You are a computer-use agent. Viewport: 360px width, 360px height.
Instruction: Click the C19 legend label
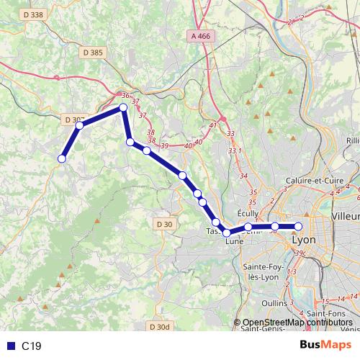coord(32,346)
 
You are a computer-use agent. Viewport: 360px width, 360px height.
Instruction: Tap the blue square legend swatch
coord(9,346)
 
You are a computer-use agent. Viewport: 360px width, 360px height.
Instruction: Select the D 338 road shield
coord(32,14)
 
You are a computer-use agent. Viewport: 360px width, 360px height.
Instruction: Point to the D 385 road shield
coord(93,52)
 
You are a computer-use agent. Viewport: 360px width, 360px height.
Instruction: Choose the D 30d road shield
coord(161,327)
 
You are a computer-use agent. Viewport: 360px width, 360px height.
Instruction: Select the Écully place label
coord(248,213)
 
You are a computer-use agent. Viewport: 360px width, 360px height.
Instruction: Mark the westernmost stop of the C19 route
coord(62,158)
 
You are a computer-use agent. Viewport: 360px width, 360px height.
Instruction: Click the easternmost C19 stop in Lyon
coord(299,227)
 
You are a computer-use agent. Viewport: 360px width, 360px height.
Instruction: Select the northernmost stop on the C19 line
coord(123,107)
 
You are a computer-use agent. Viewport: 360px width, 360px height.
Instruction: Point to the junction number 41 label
coord(212,126)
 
